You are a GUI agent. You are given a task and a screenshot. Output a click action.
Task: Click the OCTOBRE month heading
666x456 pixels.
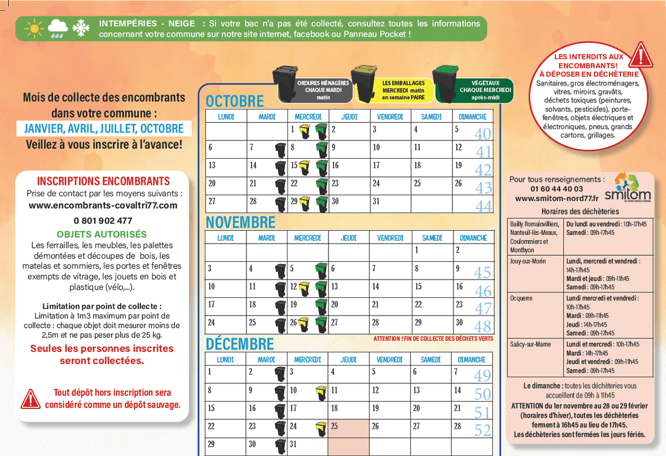coord(235,102)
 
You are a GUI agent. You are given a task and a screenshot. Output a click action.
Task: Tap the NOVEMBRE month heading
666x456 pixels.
coord(240,222)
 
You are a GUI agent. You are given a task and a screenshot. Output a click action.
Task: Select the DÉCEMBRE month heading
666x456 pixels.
coord(240,344)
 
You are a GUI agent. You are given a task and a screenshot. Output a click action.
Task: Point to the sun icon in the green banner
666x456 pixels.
coord(34,28)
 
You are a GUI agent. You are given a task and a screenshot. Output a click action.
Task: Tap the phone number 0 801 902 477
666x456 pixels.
coord(103,220)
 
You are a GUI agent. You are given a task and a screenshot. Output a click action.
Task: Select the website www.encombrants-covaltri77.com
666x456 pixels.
coord(103,205)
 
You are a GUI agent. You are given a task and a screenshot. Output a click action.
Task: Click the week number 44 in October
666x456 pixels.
coord(483,206)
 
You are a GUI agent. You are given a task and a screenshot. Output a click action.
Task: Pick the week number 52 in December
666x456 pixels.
coord(483,430)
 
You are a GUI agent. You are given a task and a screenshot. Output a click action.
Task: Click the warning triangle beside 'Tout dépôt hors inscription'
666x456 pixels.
coord(29,398)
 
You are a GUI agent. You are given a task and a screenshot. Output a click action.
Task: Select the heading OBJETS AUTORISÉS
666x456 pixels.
coord(102,234)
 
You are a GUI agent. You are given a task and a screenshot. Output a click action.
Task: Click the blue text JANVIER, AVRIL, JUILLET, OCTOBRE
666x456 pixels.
coord(104,129)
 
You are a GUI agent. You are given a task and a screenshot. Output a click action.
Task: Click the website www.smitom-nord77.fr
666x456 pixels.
coord(557,198)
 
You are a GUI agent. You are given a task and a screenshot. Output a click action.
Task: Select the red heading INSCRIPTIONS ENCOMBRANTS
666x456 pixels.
coord(103,181)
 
